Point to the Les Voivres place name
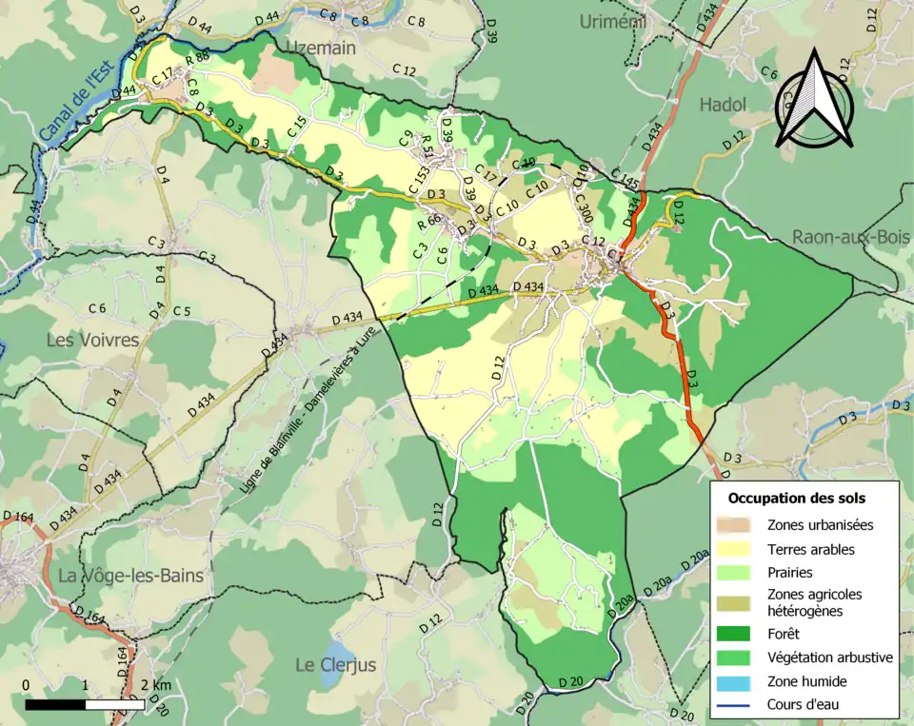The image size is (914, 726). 92,340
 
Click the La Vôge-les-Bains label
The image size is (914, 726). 130,576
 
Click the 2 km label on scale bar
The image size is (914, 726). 158,686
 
